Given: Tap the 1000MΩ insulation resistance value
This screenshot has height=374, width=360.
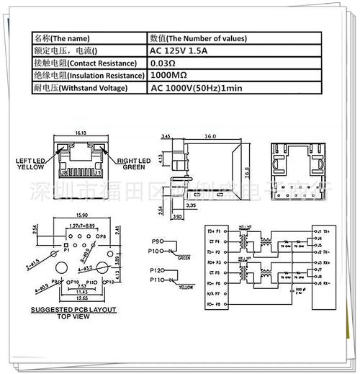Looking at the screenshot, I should pyautogui.click(x=171, y=75).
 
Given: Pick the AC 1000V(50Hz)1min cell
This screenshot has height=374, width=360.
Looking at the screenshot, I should pyautogui.click(x=196, y=88).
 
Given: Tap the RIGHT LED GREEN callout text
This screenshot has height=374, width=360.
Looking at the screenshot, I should pyautogui.click(x=133, y=163).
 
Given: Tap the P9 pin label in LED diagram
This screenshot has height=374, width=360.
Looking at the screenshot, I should pyautogui.click(x=157, y=241).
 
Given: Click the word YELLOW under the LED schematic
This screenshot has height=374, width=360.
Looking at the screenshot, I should pyautogui.click(x=186, y=287).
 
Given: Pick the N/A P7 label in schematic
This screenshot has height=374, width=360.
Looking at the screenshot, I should pyautogui.click(x=221, y=294).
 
